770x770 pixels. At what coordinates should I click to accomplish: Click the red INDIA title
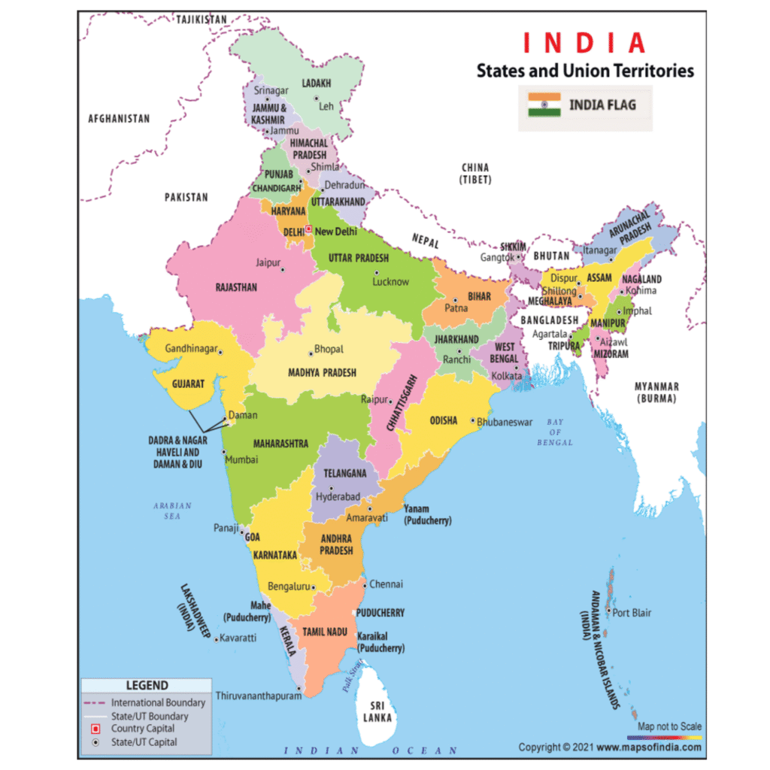[584, 42]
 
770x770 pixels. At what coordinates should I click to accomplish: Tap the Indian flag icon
[544, 105]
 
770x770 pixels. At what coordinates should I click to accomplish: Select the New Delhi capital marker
[308, 230]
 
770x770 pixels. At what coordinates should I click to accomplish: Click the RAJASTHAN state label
[236, 287]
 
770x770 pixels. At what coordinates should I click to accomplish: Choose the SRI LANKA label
[377, 711]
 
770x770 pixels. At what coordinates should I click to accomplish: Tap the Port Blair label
[631, 613]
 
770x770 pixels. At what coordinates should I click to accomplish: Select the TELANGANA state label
[344, 473]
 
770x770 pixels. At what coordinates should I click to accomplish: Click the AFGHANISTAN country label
[119, 119]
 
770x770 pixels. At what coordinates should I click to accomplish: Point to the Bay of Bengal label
[555, 432]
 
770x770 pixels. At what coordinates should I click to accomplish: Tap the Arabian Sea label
[172, 511]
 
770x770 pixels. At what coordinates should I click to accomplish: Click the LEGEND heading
[147, 686]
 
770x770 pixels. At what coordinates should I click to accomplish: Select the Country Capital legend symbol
[95, 729]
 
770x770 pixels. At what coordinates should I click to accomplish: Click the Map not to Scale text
[669, 726]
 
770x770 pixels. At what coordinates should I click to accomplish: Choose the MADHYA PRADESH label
[322, 372]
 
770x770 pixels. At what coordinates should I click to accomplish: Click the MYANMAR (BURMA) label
[656, 392]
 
